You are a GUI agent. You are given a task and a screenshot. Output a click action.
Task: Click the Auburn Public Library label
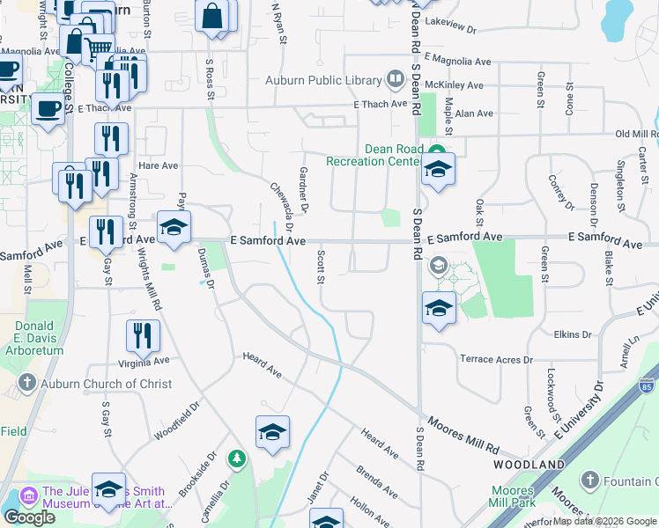coord(322,81)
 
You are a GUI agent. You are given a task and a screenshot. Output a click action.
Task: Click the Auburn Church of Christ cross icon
coord(27,384)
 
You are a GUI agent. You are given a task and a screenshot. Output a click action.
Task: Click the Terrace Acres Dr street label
coord(497,359)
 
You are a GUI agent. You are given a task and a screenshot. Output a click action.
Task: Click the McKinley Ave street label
coord(454,85)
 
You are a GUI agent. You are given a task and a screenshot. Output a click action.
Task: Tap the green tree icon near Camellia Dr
coord(236,458)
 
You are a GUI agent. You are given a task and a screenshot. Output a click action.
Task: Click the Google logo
coord(29,517)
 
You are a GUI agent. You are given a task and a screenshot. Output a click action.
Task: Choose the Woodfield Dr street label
coord(177,422)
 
